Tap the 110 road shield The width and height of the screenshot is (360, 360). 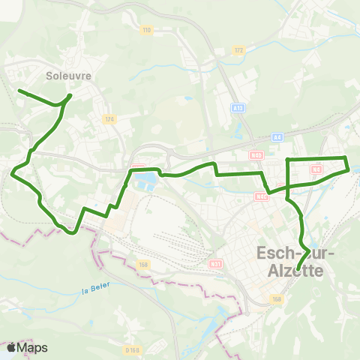pos(146,30)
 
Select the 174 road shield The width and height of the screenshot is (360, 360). pos(109,119)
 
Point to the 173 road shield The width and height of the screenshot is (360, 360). pos(239,50)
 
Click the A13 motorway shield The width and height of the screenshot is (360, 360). pos(238,108)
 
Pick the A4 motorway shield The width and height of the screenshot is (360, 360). pos(277,136)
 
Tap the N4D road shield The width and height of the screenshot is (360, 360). pos(257,155)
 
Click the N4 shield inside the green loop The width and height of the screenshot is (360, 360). pos(316,169)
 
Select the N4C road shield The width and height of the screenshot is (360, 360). pos(261,197)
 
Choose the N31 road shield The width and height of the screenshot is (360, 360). pos(216,263)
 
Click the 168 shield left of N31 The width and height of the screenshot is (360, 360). pos(144,263)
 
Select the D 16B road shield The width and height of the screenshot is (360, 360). pos(133,349)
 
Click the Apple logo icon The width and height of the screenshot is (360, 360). pos(11,347)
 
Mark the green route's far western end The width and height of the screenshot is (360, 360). pos(19,91)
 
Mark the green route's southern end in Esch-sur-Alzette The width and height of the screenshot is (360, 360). pos(298,269)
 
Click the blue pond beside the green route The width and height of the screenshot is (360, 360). pos(146,180)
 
